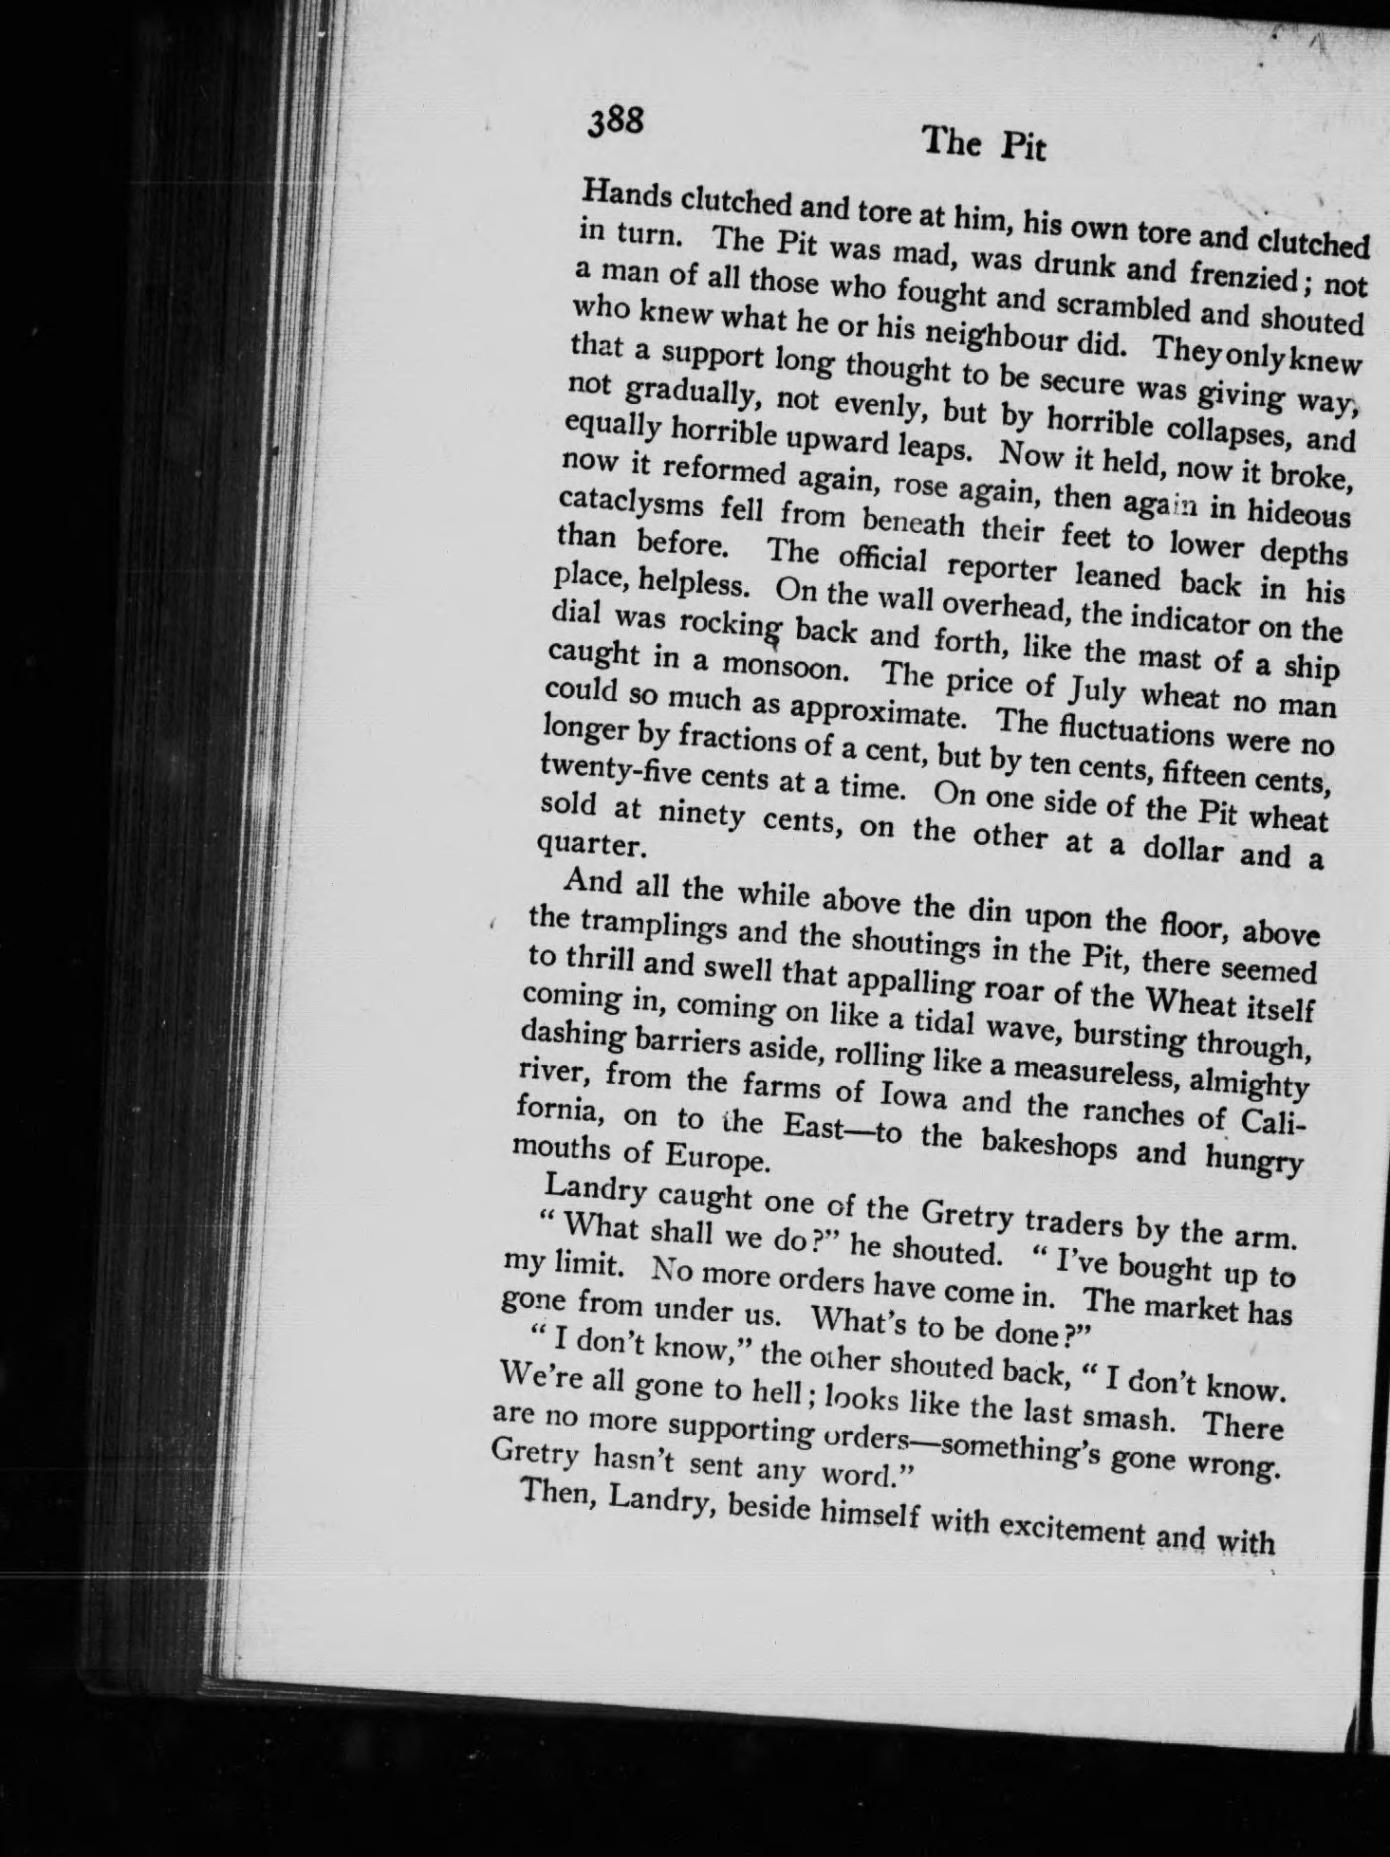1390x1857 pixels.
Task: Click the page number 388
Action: click(x=616, y=122)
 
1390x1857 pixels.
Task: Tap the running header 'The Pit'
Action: click(x=984, y=145)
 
